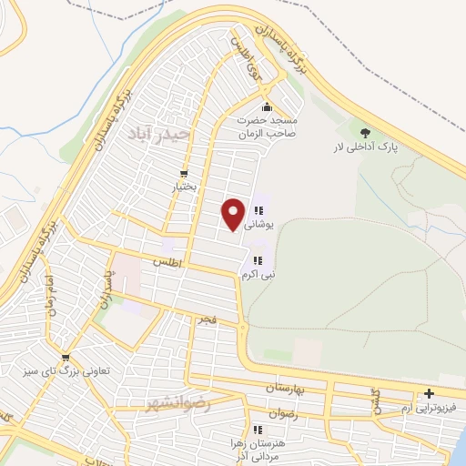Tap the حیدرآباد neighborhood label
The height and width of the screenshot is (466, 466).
coord(160,135)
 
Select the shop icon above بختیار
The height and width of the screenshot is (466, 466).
coord(185,173)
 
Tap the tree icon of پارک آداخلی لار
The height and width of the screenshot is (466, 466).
coord(366,133)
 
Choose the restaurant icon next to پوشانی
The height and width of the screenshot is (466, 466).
coord(258,211)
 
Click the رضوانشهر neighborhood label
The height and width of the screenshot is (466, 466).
coord(177,403)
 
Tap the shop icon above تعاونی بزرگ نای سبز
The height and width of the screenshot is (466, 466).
coord(65,358)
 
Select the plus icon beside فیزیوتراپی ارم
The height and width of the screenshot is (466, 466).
coord(429,394)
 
